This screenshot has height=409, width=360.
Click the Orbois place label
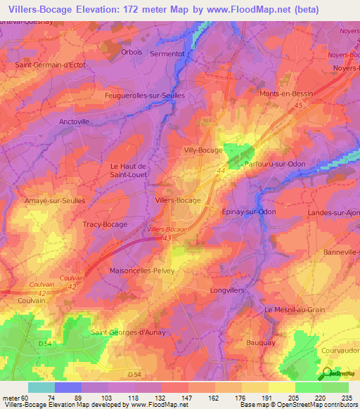pyautogui.click(x=131, y=51)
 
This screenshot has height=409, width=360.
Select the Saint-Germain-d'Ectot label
pyautogui.click(x=50, y=65)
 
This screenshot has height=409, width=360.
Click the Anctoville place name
pyautogui.click(x=79, y=121)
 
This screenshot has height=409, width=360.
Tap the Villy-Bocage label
pyautogui.click(x=203, y=150)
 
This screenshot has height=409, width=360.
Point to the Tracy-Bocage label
pyautogui.click(x=105, y=224)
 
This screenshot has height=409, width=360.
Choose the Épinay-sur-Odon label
pyautogui.click(x=248, y=212)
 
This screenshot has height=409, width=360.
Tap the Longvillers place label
pyautogui.click(x=229, y=290)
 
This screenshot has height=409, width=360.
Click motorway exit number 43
pyautogui.click(x=167, y=239)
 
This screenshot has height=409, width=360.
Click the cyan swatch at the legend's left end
pyautogui.click(x=41, y=387)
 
